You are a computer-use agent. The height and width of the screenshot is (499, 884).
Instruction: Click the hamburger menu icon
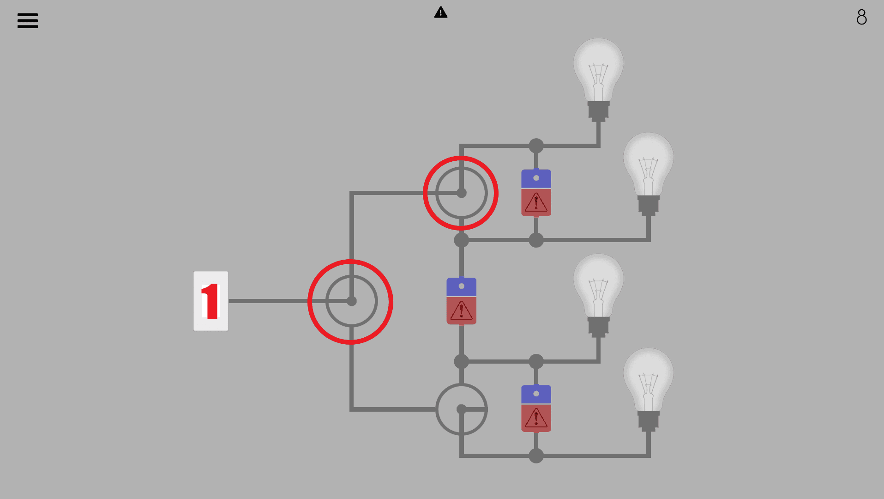point(28,20)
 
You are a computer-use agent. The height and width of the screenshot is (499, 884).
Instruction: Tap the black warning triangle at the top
point(441,12)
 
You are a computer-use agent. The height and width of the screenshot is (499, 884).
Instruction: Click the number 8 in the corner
point(861,18)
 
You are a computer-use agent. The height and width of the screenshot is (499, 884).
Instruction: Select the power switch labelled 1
point(210,301)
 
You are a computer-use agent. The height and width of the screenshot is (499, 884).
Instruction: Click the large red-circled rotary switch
point(351,302)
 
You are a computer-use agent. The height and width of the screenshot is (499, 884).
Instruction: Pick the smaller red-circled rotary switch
point(461,193)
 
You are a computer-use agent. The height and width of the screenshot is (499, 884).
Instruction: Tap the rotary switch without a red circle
point(461,409)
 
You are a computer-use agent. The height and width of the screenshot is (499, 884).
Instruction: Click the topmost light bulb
point(598,69)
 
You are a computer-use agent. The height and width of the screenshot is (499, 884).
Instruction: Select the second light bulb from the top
point(648,164)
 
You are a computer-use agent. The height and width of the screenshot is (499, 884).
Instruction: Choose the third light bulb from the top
point(598,285)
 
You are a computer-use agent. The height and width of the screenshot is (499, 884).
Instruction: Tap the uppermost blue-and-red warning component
point(536,193)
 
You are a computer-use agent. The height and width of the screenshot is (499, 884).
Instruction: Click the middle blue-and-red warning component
point(461,301)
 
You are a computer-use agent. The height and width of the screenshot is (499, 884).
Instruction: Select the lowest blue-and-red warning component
point(536,408)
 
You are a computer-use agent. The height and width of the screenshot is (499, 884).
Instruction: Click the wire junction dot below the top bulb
point(536,146)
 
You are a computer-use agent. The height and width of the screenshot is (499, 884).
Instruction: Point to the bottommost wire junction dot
point(536,456)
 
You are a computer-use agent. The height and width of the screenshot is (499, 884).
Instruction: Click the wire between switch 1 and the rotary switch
point(268,301)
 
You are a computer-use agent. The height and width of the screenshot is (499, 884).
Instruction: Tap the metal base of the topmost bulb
point(598,111)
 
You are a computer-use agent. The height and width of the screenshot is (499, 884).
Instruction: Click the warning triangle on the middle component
point(461,311)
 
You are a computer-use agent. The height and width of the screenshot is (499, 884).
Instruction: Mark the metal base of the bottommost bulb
point(648,421)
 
